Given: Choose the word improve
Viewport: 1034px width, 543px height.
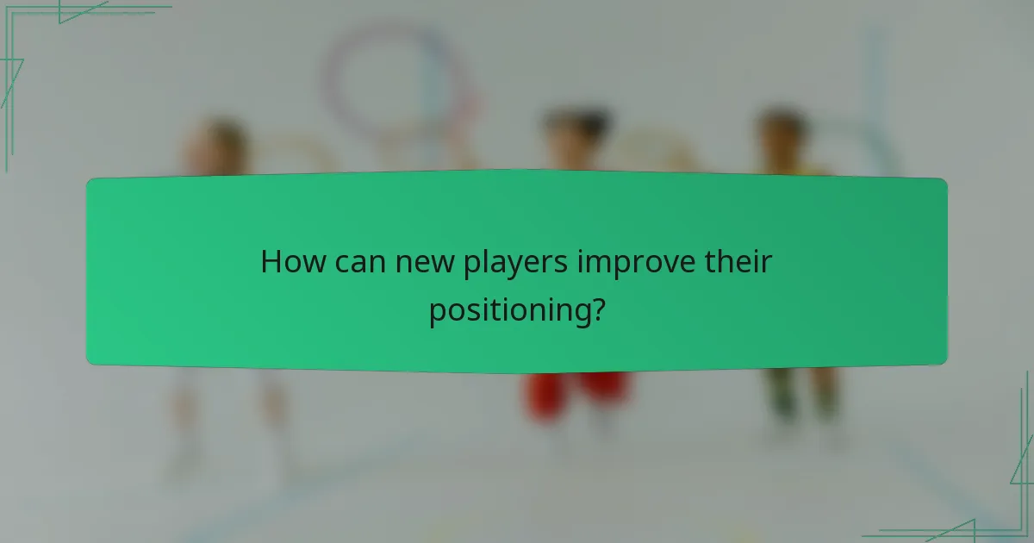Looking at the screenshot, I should [636, 263].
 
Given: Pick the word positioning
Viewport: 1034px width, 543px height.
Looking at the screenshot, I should [509, 311].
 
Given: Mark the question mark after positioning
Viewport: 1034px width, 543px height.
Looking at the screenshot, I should [596, 309].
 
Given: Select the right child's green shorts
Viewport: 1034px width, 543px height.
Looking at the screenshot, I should [801, 392].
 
